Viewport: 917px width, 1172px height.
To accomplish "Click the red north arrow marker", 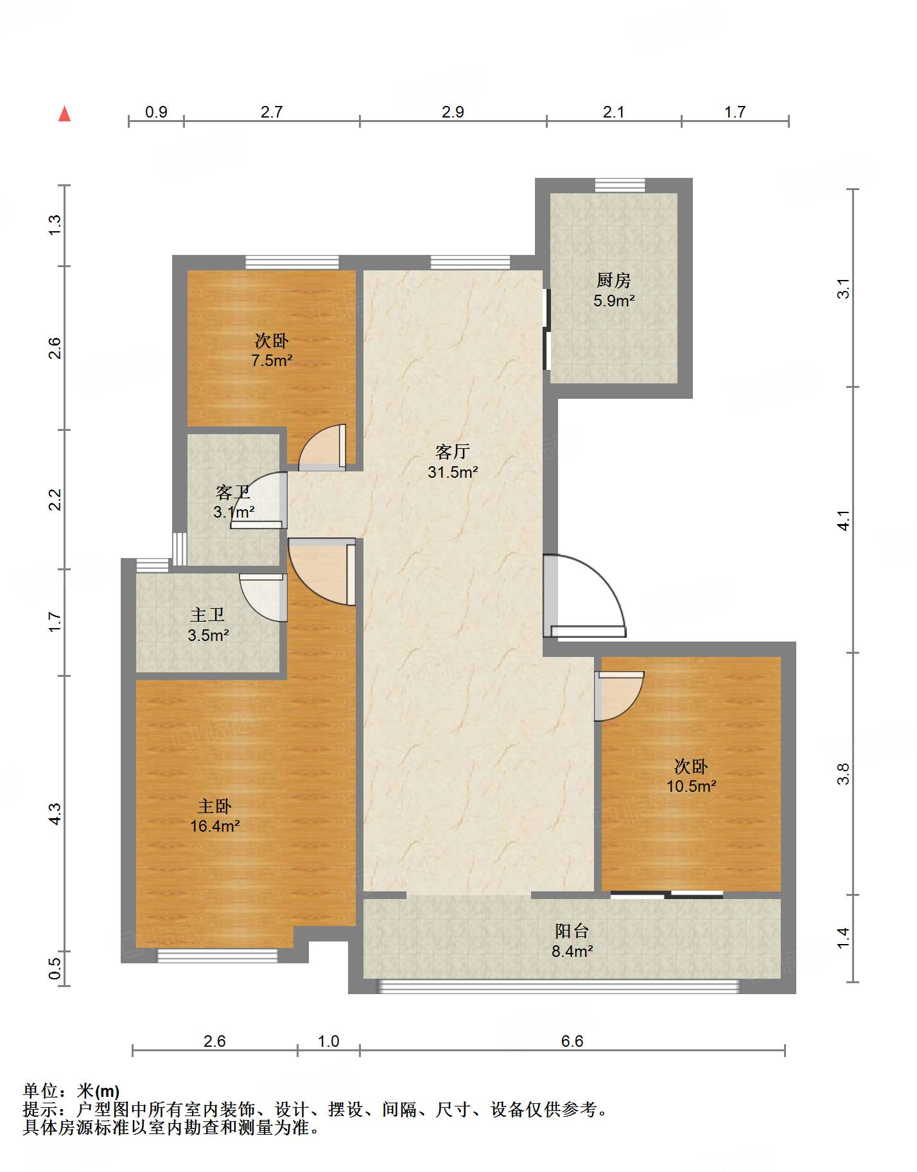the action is coord(64,114).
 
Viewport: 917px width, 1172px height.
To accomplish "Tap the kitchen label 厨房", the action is coord(613,280).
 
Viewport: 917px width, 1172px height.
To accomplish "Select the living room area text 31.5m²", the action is coord(453,472).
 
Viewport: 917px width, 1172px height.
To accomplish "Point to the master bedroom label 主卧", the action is coord(214,806).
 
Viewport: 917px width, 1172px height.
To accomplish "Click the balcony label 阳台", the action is coord(572,931).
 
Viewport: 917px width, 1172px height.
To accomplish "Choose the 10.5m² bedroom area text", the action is coord(691,786).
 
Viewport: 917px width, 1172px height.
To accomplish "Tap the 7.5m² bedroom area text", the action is coord(272,360).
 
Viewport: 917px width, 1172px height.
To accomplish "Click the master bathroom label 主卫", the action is coord(207,615).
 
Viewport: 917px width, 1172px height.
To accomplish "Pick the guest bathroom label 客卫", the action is coord(232,493).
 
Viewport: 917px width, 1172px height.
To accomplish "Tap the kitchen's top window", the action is coord(620,185).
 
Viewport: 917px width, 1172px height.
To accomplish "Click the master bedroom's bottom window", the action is coord(218,956).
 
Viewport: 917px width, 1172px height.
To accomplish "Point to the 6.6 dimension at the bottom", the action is coord(572,1041).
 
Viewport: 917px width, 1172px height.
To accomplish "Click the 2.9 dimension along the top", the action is coord(453,112).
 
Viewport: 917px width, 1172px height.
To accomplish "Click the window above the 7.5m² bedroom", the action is coord(292,262).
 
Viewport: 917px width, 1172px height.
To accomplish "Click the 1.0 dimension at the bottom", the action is coord(328,1041).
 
